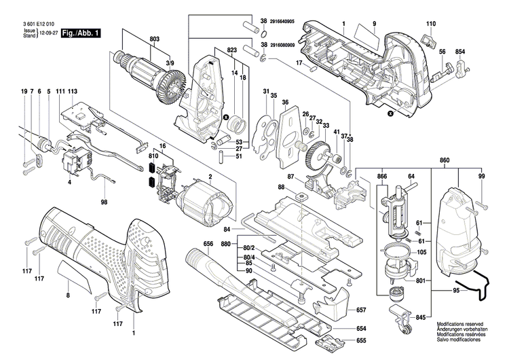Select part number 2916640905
point(287,22)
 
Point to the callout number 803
point(155,40)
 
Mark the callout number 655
point(362,340)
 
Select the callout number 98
point(105,202)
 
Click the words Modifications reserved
point(461,325)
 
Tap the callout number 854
point(460,52)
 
